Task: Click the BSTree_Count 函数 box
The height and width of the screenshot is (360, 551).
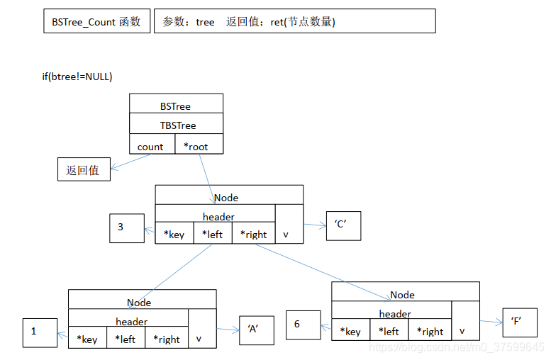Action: [x=96, y=21]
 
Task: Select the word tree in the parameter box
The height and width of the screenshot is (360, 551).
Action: [x=205, y=22]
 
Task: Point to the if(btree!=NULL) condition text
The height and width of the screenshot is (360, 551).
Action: [x=77, y=77]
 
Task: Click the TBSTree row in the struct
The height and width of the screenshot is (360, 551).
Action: [x=176, y=125]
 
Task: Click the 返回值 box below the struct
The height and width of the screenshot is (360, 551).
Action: [x=84, y=170]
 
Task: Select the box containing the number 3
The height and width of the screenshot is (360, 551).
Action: [x=126, y=227]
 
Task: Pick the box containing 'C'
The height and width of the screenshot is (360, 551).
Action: [x=343, y=226]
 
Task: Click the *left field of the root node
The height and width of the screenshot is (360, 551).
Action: [x=212, y=234]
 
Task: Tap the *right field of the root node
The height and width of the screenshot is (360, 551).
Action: [x=253, y=234]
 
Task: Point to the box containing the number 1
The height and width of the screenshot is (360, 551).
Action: [x=39, y=332]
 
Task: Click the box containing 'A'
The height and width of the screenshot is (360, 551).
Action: [x=256, y=330]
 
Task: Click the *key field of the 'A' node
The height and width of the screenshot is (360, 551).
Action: [x=87, y=339]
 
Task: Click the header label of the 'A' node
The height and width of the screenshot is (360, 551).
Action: [x=131, y=321]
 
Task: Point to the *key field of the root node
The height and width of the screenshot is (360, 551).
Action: [x=174, y=234]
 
